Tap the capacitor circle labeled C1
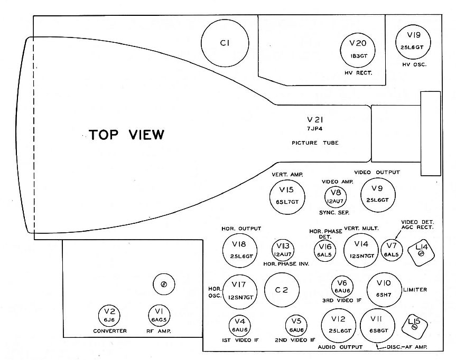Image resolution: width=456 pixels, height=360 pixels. [x=224, y=44]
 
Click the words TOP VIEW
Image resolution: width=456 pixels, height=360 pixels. [x=126, y=135]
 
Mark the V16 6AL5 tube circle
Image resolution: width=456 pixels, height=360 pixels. [x=325, y=249]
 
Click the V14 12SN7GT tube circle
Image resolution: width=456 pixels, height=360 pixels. [x=361, y=250]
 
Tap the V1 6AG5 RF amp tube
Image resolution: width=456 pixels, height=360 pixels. [x=159, y=316]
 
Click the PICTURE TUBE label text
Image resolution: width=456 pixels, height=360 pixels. [x=315, y=143]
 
